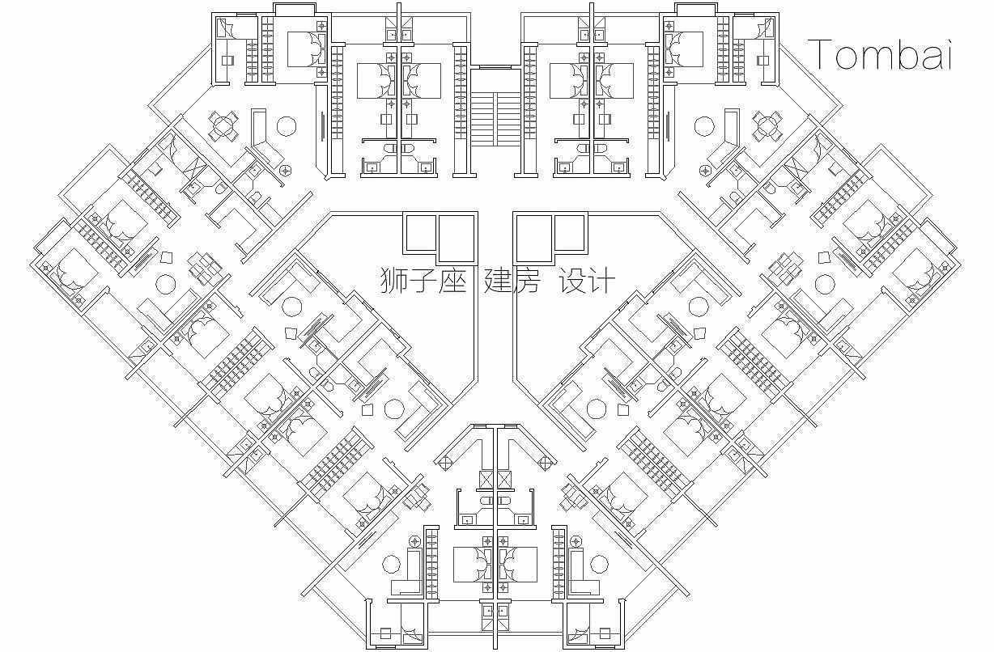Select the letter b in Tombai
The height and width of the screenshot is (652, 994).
[907, 54]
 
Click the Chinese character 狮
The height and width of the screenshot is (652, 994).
[395, 281]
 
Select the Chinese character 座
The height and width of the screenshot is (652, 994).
[452, 281]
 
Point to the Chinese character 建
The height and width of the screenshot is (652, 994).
[497, 281]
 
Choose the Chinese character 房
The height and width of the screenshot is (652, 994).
[525, 281]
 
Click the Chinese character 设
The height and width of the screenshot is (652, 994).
[571, 281]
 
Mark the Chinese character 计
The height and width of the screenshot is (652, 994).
[601, 281]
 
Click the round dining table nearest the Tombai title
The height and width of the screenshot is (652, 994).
[766, 124]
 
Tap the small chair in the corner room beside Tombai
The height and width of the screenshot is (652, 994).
[762, 60]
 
